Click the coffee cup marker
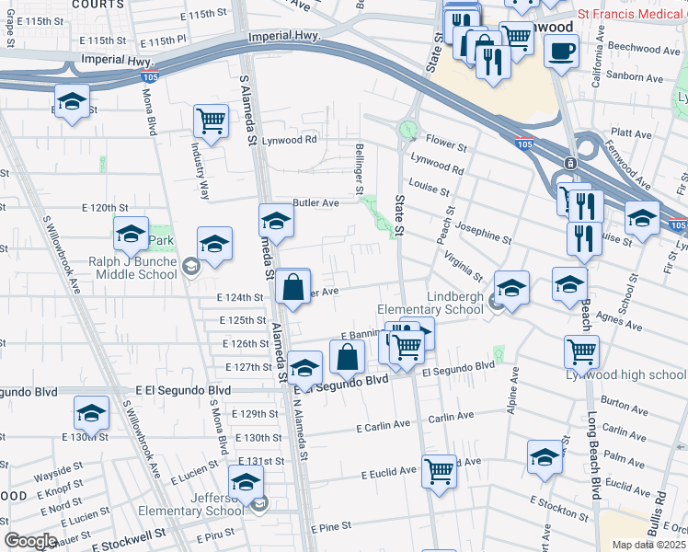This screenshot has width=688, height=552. point(560,52)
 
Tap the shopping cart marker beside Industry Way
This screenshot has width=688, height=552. point(212,121)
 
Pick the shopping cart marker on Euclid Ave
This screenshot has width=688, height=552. point(440,471)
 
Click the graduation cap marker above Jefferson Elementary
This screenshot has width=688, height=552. point(247,481)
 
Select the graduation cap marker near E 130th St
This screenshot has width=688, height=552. point(91,413)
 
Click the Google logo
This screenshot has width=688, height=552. point(29,541)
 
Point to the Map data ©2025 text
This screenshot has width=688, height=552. point(648,545)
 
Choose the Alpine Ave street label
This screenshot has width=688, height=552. point(515,390)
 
